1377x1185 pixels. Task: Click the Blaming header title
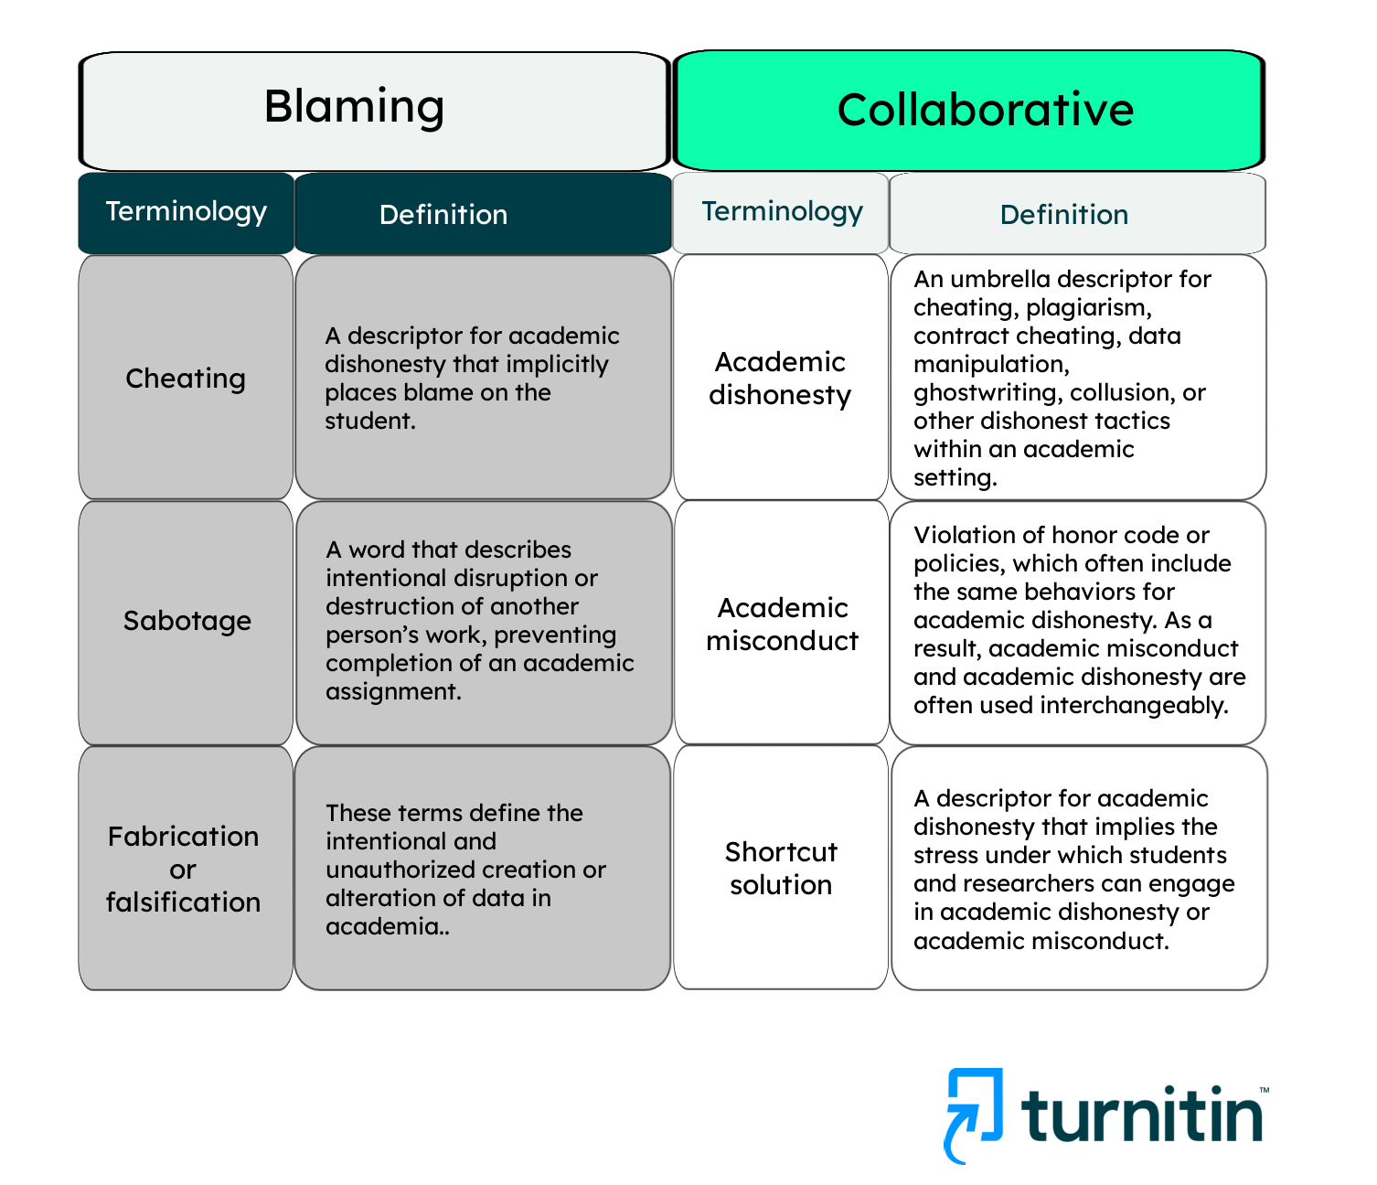click(355, 106)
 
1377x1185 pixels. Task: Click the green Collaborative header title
click(985, 110)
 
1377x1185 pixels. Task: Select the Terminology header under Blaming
click(186, 212)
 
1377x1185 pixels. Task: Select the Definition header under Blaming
click(443, 215)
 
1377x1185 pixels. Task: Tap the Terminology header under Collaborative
click(782, 212)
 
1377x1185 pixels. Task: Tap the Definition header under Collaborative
click(1063, 215)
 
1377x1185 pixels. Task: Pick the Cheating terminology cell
click(186, 379)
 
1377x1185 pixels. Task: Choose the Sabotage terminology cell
click(187, 621)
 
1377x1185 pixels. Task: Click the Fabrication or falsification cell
click(184, 869)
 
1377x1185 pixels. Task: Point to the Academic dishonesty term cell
click(780, 379)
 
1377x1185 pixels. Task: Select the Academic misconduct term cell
click(782, 624)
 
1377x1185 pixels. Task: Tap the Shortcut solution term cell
click(781, 868)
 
